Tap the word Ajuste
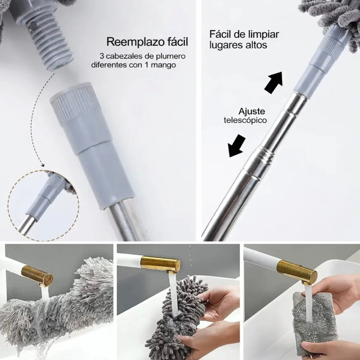252,111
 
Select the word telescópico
245,120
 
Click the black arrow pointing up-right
274,82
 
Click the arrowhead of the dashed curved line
43,165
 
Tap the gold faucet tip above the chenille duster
160,264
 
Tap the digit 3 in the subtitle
102,56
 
